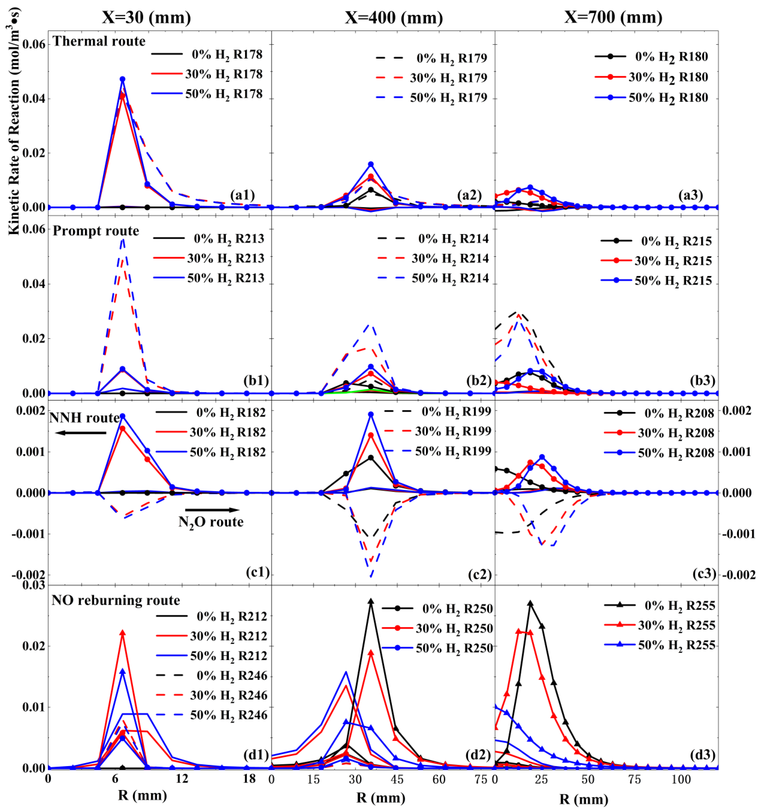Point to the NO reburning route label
pos(116,600)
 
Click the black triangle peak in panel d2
pos(371,601)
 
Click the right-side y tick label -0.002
pos(739,575)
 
